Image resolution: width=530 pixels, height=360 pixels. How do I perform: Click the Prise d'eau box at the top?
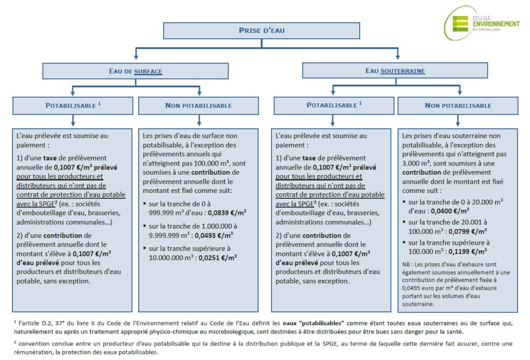pyautogui.click(x=261, y=31)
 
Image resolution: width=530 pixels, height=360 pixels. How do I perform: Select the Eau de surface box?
pyautogui.click(x=136, y=71)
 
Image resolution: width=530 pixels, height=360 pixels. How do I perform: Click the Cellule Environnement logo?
pyautogui.click(x=482, y=23)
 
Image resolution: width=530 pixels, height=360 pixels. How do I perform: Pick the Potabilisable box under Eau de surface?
pyautogui.click(x=73, y=106)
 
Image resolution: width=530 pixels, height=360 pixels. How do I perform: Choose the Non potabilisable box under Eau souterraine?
pyautogui.click(x=458, y=106)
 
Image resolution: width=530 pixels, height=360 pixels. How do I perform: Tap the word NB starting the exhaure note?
pyautogui.click(x=406, y=263)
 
